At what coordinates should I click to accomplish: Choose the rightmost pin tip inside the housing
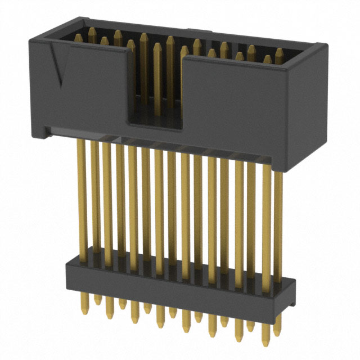280,53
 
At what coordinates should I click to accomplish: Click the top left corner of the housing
31,41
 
